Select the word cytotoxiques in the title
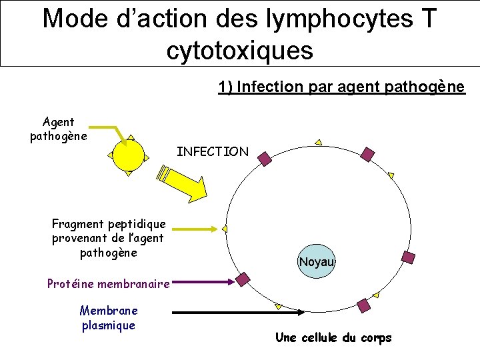240,50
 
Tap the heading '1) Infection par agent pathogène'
341,87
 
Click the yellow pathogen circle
129,155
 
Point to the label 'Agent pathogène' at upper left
59,129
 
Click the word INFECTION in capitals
212,152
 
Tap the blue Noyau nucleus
316,261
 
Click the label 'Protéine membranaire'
108,284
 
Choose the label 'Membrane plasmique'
108,318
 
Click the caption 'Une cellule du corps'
333,337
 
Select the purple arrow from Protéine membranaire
203,283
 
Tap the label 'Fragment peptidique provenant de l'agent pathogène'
108,238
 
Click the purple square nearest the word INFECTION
265,158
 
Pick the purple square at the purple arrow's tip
243,279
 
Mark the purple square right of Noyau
408,257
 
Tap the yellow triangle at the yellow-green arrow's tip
225,229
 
